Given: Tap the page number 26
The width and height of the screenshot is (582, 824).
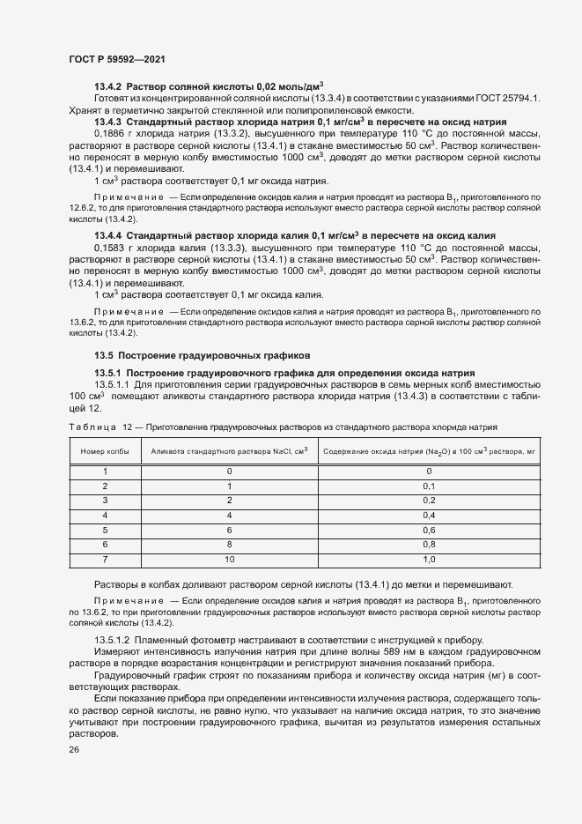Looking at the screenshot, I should (x=74, y=749).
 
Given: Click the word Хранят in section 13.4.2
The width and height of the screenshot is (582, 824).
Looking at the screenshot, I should (x=85, y=109).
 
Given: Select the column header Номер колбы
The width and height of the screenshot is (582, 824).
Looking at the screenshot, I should (x=104, y=451).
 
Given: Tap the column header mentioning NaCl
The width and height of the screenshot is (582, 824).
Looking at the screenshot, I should (x=229, y=451).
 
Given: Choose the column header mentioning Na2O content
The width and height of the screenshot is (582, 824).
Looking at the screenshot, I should (x=429, y=451).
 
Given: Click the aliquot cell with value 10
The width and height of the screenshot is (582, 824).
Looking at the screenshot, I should (x=229, y=560).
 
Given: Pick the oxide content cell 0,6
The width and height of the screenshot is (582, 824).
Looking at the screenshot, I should (x=429, y=530).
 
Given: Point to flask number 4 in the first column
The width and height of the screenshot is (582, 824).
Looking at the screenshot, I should (x=104, y=515).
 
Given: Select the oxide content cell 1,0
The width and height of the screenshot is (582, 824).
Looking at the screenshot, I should (x=429, y=560).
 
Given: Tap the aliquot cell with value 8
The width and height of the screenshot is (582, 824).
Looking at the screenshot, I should (x=229, y=545).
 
